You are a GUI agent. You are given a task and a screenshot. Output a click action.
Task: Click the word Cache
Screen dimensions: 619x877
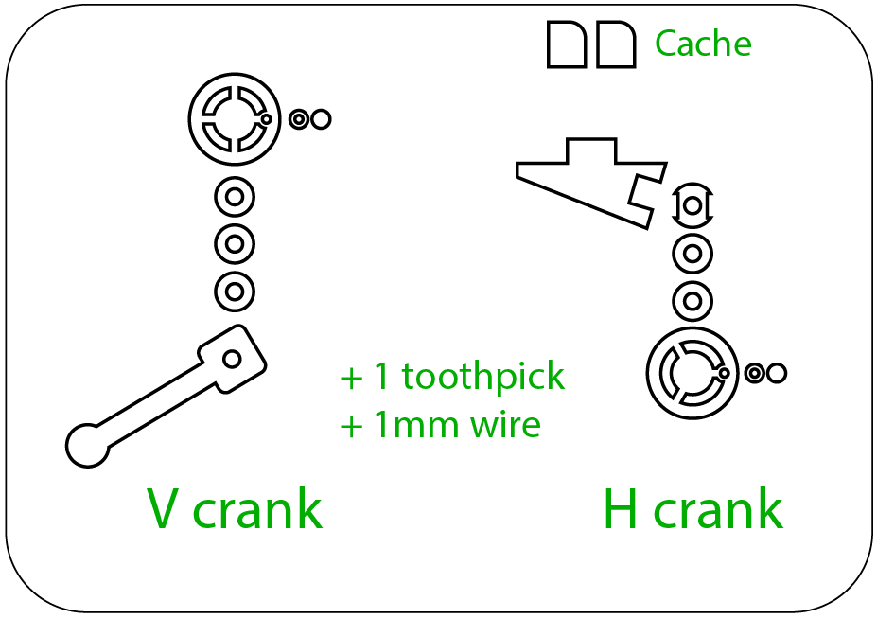click(x=703, y=44)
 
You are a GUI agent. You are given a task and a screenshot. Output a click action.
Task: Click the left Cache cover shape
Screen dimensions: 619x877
click(x=567, y=45)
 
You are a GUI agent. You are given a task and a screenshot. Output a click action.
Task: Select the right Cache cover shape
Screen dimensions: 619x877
click(x=616, y=45)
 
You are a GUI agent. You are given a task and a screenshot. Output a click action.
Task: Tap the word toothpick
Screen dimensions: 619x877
click(x=482, y=377)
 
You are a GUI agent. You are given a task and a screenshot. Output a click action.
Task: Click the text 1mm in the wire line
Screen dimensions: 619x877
click(x=415, y=424)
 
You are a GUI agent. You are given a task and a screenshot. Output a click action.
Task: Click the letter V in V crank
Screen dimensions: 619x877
click(x=165, y=509)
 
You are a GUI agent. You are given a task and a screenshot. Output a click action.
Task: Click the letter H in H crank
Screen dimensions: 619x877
click(x=621, y=509)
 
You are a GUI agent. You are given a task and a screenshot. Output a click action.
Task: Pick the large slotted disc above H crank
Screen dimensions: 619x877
click(x=693, y=373)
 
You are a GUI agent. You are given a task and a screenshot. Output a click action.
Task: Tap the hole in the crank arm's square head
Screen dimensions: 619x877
click(x=232, y=359)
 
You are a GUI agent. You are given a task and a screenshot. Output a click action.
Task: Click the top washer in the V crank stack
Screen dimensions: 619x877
click(x=235, y=199)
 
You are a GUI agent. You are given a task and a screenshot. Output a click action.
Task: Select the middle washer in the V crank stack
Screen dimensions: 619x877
click(x=235, y=244)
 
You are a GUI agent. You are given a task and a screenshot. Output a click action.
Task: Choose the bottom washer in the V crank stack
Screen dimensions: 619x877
click(x=235, y=290)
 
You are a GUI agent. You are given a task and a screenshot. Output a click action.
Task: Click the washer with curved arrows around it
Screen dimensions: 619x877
click(x=693, y=204)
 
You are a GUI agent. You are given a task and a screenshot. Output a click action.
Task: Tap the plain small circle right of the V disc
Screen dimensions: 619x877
click(x=321, y=119)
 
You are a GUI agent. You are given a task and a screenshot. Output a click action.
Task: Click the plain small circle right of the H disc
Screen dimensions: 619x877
click(x=777, y=373)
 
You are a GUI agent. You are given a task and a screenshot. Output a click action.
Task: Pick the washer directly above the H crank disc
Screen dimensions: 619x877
click(x=693, y=302)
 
